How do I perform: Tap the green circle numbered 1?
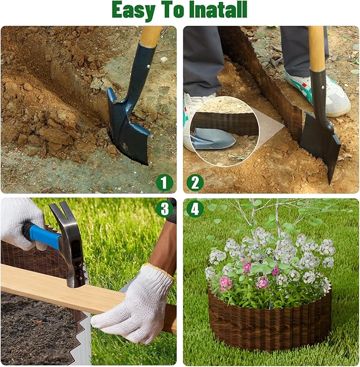point(164,183)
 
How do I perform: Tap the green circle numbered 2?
point(195,183)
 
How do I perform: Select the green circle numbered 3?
point(164,208)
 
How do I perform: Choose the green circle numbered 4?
point(195,208)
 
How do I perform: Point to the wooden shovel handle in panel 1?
point(150,36)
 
